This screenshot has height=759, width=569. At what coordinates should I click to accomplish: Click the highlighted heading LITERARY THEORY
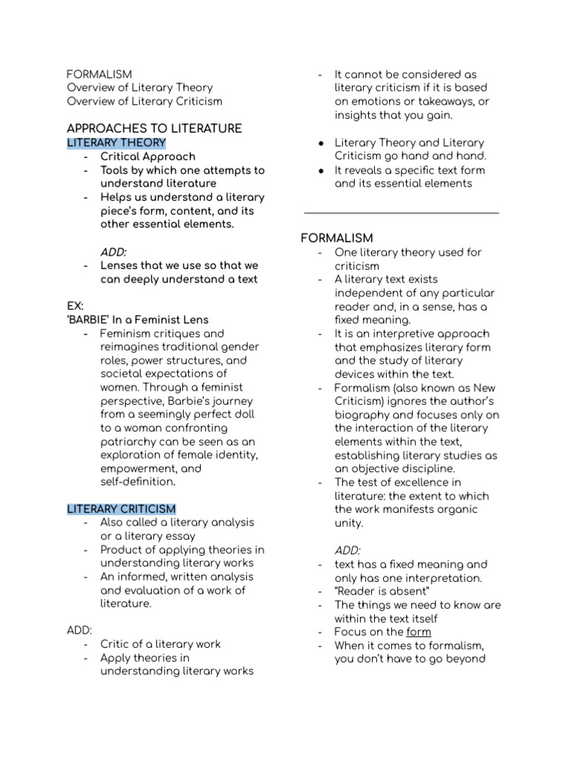tap(116, 142)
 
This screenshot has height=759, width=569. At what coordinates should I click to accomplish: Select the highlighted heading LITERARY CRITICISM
tap(122, 508)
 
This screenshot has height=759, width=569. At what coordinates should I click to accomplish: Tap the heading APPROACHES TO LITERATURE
tap(154, 128)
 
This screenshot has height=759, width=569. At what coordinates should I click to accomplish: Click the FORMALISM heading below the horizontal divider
tap(336, 238)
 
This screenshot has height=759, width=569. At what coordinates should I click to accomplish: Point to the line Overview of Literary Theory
tap(139, 87)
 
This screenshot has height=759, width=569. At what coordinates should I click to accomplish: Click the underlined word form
tap(419, 632)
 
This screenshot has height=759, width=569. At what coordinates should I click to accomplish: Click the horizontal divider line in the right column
tap(401, 213)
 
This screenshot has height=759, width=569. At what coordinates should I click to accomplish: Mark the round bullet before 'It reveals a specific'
tap(319, 170)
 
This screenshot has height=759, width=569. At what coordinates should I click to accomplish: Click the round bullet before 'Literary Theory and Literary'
tap(319, 142)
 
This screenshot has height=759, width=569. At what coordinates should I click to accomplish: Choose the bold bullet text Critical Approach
tap(148, 156)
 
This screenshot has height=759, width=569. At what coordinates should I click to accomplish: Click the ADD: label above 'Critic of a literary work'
tap(79, 630)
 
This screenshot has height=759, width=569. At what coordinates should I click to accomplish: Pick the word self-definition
tap(137, 482)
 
